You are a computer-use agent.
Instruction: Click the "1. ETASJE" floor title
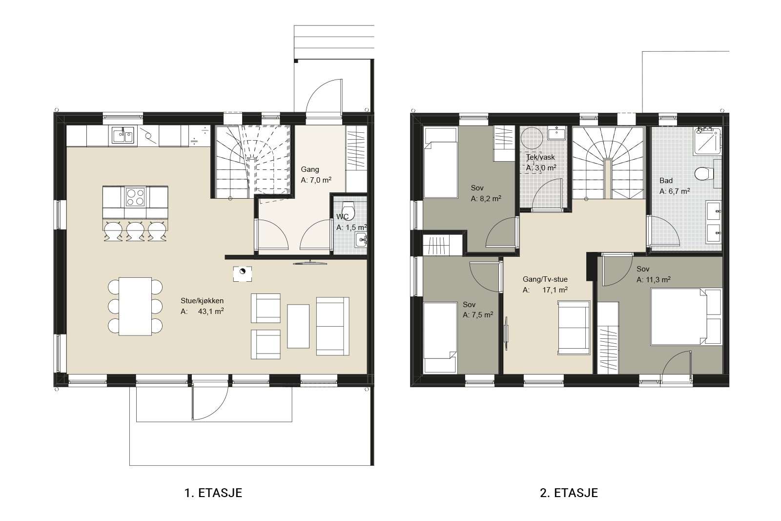pos(213,493)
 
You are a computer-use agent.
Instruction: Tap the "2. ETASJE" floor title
pos(569,493)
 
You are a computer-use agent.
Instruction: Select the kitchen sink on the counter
pos(123,136)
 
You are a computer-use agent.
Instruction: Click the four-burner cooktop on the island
pos(135,197)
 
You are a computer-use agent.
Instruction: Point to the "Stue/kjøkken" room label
pos(202,301)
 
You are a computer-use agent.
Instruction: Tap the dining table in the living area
pos(135,306)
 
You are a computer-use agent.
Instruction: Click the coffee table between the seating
pos(298,326)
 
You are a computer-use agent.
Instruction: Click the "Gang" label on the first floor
pos(310,169)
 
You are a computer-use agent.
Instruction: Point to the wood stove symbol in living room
pos(242,274)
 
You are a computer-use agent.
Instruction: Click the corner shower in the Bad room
pos(707,141)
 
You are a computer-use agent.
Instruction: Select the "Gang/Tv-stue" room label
pos(545,279)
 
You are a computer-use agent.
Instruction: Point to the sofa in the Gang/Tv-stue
pos(574,328)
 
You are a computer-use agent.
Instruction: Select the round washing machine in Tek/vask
pos(532,138)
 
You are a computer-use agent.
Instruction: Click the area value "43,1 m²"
pos(211,312)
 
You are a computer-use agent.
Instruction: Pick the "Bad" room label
pos(666,181)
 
